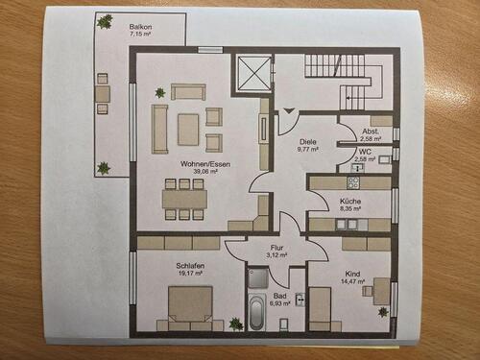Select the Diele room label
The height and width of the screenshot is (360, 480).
pyautogui.click(x=307, y=139)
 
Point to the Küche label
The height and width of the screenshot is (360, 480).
pyautogui.click(x=350, y=201)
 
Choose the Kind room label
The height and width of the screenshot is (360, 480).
pyautogui.click(x=353, y=275)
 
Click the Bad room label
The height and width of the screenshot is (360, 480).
pyautogui.click(x=280, y=295)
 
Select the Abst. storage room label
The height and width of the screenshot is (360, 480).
pyautogui.click(x=371, y=132)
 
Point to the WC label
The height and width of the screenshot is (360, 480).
pyautogui.click(x=365, y=151)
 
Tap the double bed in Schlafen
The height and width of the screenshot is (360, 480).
pyautogui.click(x=190, y=307)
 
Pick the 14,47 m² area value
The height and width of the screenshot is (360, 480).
pyautogui.click(x=353, y=284)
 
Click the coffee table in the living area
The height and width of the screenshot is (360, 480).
pyautogui.click(x=188, y=124)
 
